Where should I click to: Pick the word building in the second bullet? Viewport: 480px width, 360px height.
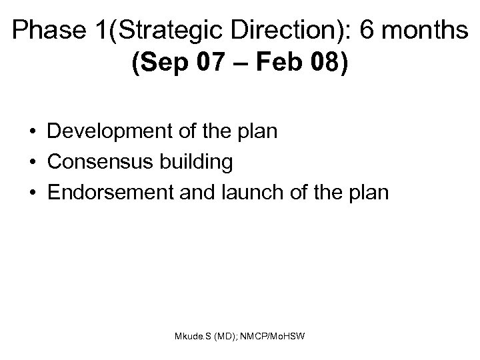click(x=192, y=161)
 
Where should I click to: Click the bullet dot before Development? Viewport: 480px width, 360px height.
click(x=33, y=132)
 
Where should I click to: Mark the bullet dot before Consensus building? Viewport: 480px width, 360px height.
click(x=33, y=162)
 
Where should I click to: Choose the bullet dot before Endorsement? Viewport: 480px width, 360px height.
click(x=33, y=192)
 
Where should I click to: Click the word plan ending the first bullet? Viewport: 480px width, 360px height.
click(x=256, y=131)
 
